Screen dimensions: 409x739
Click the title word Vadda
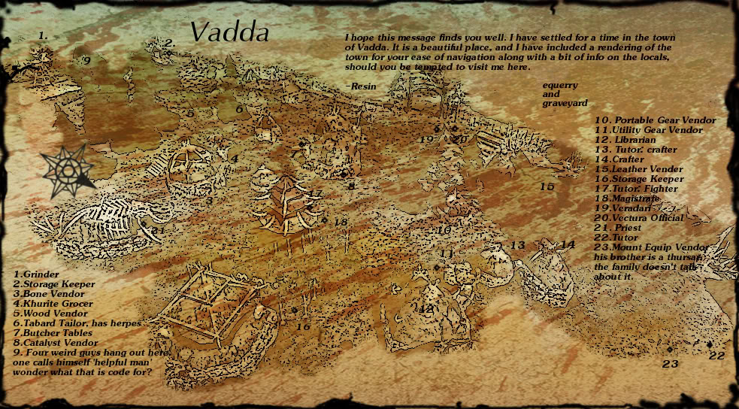pos(229,32)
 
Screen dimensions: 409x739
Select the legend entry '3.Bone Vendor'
pos(46,294)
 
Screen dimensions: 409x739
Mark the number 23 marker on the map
pos(670,364)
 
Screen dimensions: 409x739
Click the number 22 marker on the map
pos(716,356)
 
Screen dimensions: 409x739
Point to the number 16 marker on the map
pos(303,326)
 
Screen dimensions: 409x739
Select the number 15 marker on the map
pos(547,186)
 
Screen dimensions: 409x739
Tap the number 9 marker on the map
pos(86,60)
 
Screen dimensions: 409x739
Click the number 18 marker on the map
pos(341,223)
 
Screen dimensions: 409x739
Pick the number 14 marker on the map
pos(567,244)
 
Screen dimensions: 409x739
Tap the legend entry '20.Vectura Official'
pos(639,218)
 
